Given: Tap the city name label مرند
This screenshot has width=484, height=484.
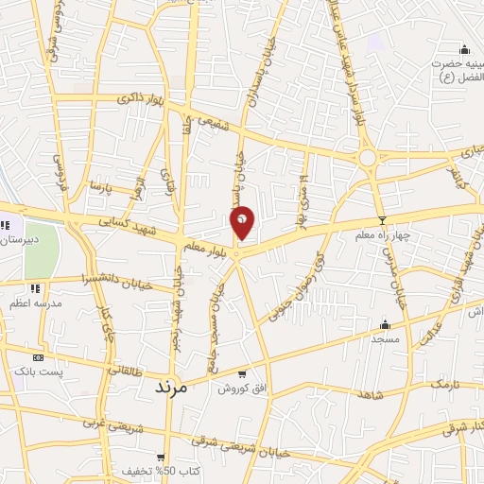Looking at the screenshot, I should (x=172, y=387).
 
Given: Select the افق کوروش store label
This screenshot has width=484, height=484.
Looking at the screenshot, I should (x=242, y=389).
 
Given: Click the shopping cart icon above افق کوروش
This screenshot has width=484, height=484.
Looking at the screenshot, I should (x=243, y=374).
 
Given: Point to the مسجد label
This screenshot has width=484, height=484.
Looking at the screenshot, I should (x=384, y=337).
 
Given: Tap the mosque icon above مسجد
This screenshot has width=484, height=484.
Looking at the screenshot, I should (x=385, y=323).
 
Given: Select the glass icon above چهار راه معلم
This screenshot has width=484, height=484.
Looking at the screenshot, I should (x=382, y=220).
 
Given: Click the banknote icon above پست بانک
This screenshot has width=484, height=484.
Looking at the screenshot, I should (x=39, y=358).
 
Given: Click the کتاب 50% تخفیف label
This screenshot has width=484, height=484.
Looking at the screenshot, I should (x=157, y=470).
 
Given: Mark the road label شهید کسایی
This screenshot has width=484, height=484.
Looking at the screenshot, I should (x=127, y=222).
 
